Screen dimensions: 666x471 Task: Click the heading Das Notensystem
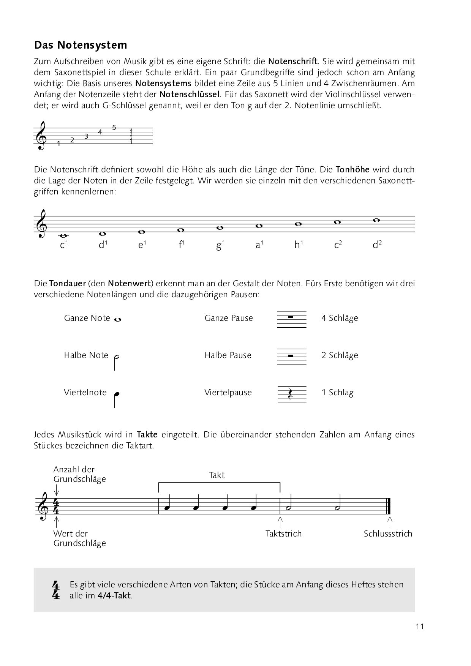pyautogui.click(x=81, y=45)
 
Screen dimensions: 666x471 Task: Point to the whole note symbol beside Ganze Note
pyautogui.click(x=117, y=320)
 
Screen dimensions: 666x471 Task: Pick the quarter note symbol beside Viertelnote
pyautogui.click(x=116, y=398)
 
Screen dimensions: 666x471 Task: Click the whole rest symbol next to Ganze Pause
pyautogui.click(x=291, y=317)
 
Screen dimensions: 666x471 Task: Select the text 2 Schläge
pyautogui.click(x=340, y=355)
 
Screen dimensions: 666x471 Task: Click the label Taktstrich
pyautogui.click(x=284, y=533)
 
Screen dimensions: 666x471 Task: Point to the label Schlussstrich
pyautogui.click(x=388, y=533)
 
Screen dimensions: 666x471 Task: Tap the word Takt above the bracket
pyautogui.click(x=217, y=475)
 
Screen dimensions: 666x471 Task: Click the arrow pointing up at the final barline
pyautogui.click(x=390, y=520)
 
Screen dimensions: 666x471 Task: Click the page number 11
pyautogui.click(x=419, y=626)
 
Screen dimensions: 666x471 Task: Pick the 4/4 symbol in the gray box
pyautogui.click(x=56, y=590)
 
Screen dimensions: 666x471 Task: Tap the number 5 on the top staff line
pyautogui.click(x=114, y=128)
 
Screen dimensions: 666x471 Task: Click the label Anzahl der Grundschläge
pyautogui.click(x=79, y=474)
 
